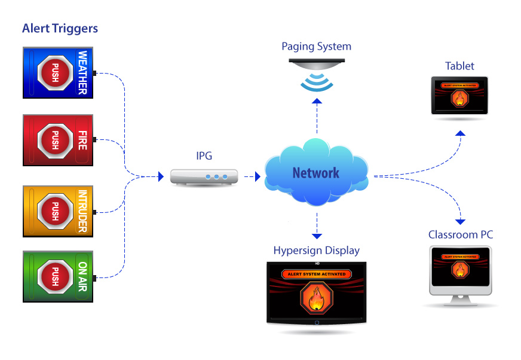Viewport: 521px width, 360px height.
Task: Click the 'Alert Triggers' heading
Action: (x=60, y=28)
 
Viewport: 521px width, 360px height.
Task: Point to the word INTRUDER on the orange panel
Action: (x=82, y=211)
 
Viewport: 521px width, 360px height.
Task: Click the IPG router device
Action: (x=203, y=177)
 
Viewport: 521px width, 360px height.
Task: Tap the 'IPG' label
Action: (x=203, y=156)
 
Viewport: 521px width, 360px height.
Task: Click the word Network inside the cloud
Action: (x=315, y=173)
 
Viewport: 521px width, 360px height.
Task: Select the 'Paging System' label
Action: (x=317, y=46)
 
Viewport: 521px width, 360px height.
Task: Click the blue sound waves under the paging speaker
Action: (x=317, y=83)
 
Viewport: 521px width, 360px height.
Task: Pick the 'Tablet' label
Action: (x=459, y=66)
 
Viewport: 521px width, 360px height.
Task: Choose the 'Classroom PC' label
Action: (x=461, y=234)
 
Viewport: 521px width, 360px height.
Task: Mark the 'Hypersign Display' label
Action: (x=317, y=250)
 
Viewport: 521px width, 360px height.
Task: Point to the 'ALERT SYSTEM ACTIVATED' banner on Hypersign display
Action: (x=316, y=274)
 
